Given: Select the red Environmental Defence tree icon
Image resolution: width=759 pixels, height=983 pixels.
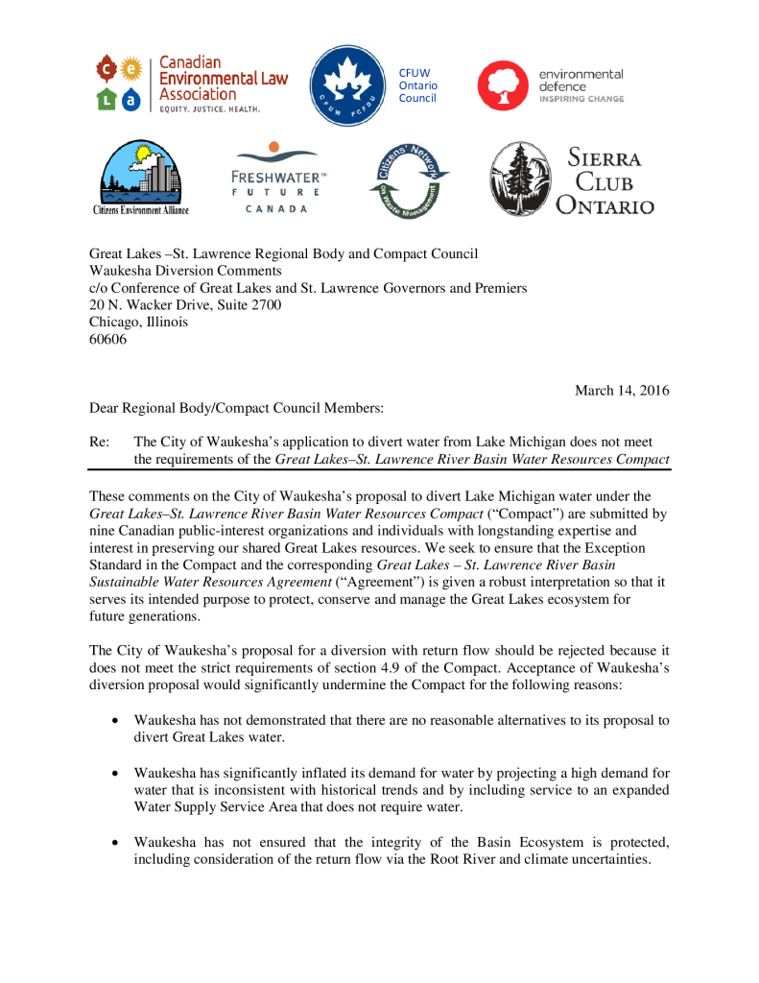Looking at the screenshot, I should tap(501, 84).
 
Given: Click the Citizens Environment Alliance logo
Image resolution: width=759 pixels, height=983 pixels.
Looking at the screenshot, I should tap(140, 179).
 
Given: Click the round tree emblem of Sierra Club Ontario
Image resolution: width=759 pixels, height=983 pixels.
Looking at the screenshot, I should tap(521, 179).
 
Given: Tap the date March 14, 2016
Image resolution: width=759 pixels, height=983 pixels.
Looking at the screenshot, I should tap(622, 390).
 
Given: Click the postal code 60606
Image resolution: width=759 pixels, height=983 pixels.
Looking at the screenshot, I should tap(108, 339).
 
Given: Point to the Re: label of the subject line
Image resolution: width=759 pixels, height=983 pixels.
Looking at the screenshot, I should tap(100, 442).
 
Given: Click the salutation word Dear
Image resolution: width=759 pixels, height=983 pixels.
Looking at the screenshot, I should tap(106, 407).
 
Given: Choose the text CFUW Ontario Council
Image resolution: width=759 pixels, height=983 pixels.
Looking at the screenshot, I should tap(417, 84).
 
